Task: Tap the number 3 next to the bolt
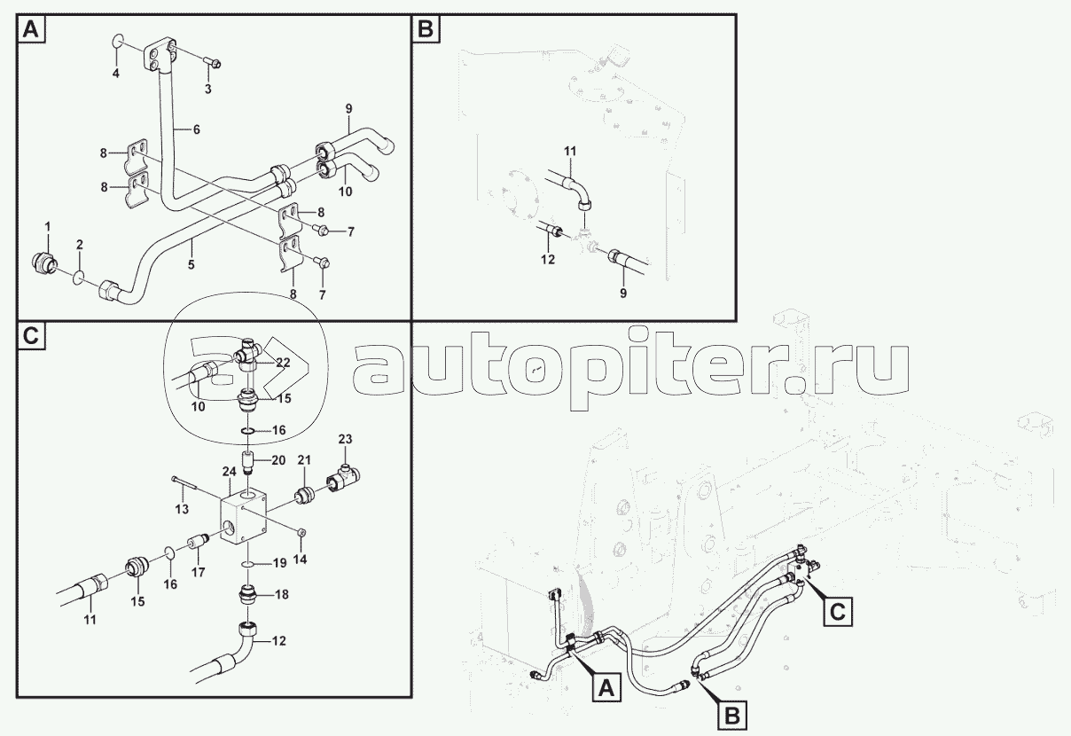207,90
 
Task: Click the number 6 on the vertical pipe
196,129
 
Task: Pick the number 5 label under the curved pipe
191,264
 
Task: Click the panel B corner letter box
426,29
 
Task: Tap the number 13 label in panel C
182,509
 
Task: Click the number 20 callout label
278,460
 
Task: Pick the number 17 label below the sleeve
199,573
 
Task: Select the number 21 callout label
304,459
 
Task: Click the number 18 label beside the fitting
281,595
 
